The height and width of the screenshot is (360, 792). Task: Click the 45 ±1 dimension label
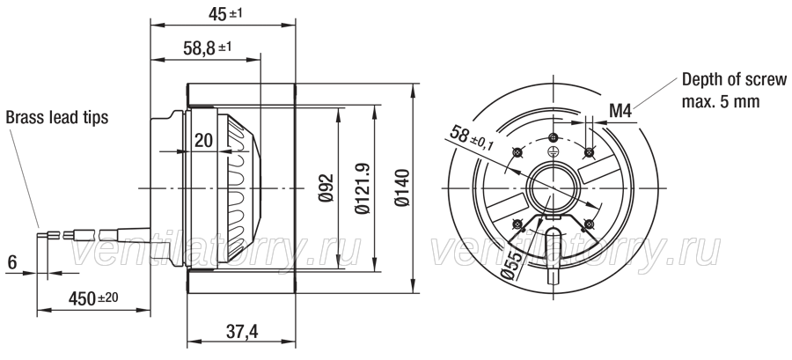[x=225, y=14]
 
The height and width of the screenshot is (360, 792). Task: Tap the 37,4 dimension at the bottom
[x=242, y=332]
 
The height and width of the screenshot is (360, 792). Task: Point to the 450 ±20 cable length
[x=93, y=298]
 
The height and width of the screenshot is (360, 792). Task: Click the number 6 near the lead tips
[x=12, y=262]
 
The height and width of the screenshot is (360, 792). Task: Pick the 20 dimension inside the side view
[x=203, y=140]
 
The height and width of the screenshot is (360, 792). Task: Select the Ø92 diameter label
[x=326, y=187]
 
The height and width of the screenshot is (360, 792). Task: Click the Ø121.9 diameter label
[x=362, y=187]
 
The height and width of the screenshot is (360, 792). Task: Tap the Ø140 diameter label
[x=402, y=187]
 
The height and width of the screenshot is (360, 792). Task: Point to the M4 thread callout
[x=620, y=111]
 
